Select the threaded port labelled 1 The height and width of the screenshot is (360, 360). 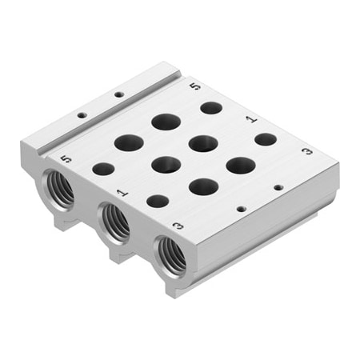point(115,222)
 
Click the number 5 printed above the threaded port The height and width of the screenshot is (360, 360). point(66,159)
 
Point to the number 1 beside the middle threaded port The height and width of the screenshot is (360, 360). point(122,193)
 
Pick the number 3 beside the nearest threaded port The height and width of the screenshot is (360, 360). point(178,226)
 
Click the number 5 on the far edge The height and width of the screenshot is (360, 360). point(195,85)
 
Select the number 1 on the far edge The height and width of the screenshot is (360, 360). point(251,119)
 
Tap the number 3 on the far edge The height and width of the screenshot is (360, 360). point(306,151)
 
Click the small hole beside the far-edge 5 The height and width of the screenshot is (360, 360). point(211,107)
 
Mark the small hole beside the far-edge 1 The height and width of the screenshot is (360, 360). point(266,139)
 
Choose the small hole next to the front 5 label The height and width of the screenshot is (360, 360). point(103,169)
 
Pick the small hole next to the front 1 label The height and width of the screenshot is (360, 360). point(158,201)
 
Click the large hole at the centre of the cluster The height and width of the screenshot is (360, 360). point(166,165)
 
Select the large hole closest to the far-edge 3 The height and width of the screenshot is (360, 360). point(240,166)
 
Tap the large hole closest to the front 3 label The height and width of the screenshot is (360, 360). point(203,186)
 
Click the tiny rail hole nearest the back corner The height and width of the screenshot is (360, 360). point(119,94)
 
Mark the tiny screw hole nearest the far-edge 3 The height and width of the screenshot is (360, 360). point(278,188)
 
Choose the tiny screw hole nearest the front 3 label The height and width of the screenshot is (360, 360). point(241,210)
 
